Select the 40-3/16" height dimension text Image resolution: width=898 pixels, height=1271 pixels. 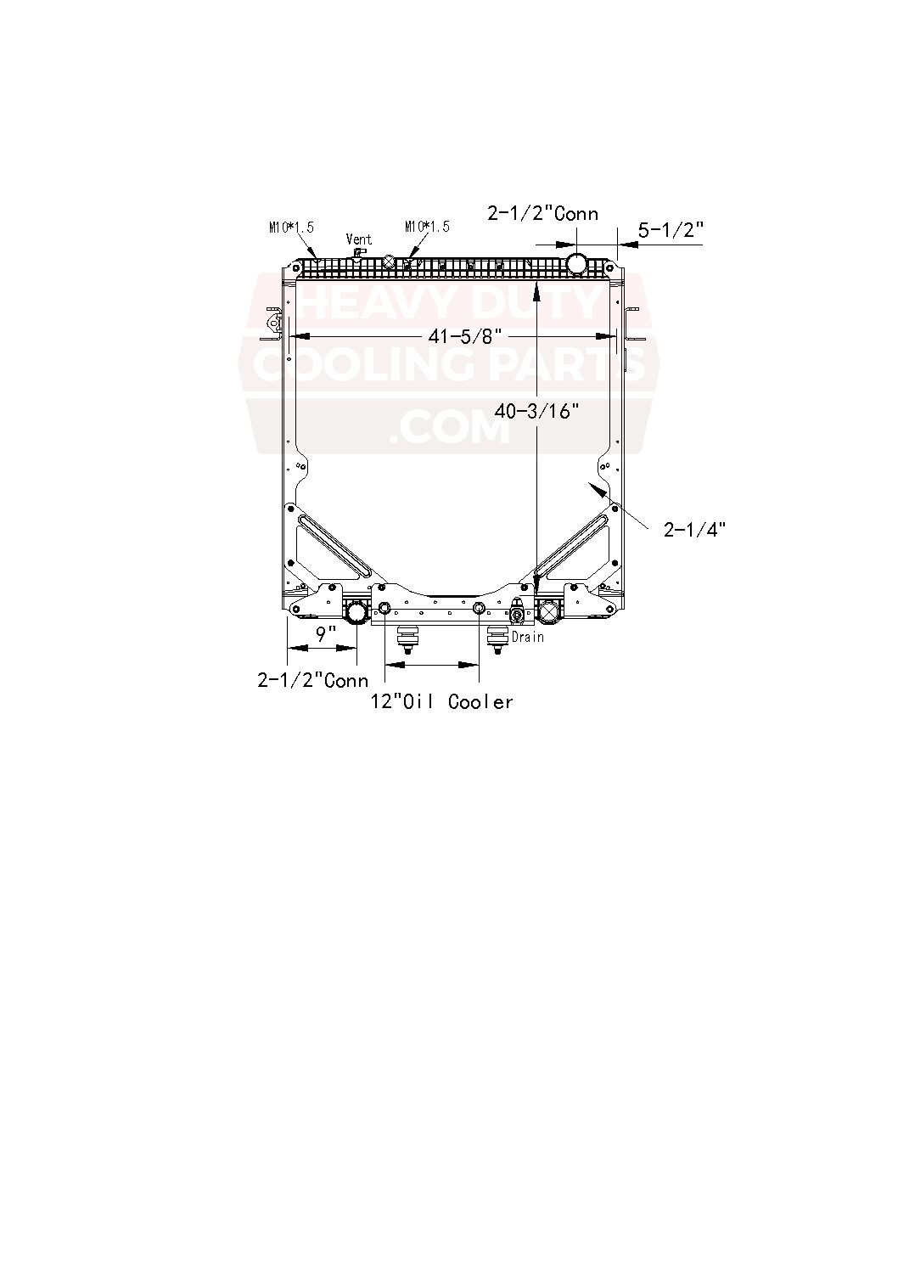(537, 412)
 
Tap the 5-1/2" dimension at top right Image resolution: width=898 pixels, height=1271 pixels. (671, 229)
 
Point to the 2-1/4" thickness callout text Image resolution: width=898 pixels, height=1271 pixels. (694, 530)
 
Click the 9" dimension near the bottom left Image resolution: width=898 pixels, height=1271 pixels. (327, 633)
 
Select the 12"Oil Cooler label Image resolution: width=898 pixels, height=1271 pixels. (442, 701)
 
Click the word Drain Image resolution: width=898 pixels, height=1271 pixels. (527, 636)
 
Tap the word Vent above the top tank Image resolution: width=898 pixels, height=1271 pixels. (359, 239)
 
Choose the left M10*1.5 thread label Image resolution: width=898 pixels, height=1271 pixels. (291, 227)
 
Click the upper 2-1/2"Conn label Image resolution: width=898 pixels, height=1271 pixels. (542, 213)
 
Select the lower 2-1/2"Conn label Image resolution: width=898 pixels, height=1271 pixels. (313, 680)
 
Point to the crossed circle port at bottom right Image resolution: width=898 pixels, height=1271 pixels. (549, 610)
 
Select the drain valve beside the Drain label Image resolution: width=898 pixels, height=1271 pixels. (516, 616)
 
